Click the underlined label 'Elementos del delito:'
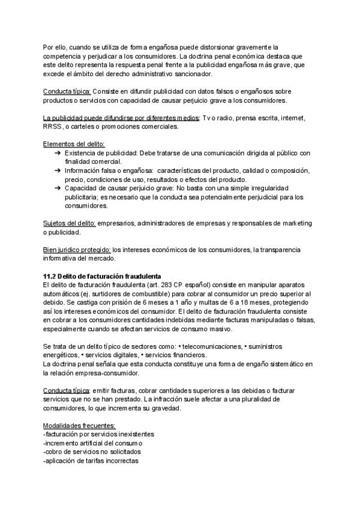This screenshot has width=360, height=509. click(x=74, y=143)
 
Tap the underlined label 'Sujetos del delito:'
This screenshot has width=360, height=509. click(x=70, y=223)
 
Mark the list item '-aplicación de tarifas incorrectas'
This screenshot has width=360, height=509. click(x=91, y=461)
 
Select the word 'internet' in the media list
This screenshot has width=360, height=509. click(x=301, y=117)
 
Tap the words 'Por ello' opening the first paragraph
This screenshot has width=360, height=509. click(x=55, y=47)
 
